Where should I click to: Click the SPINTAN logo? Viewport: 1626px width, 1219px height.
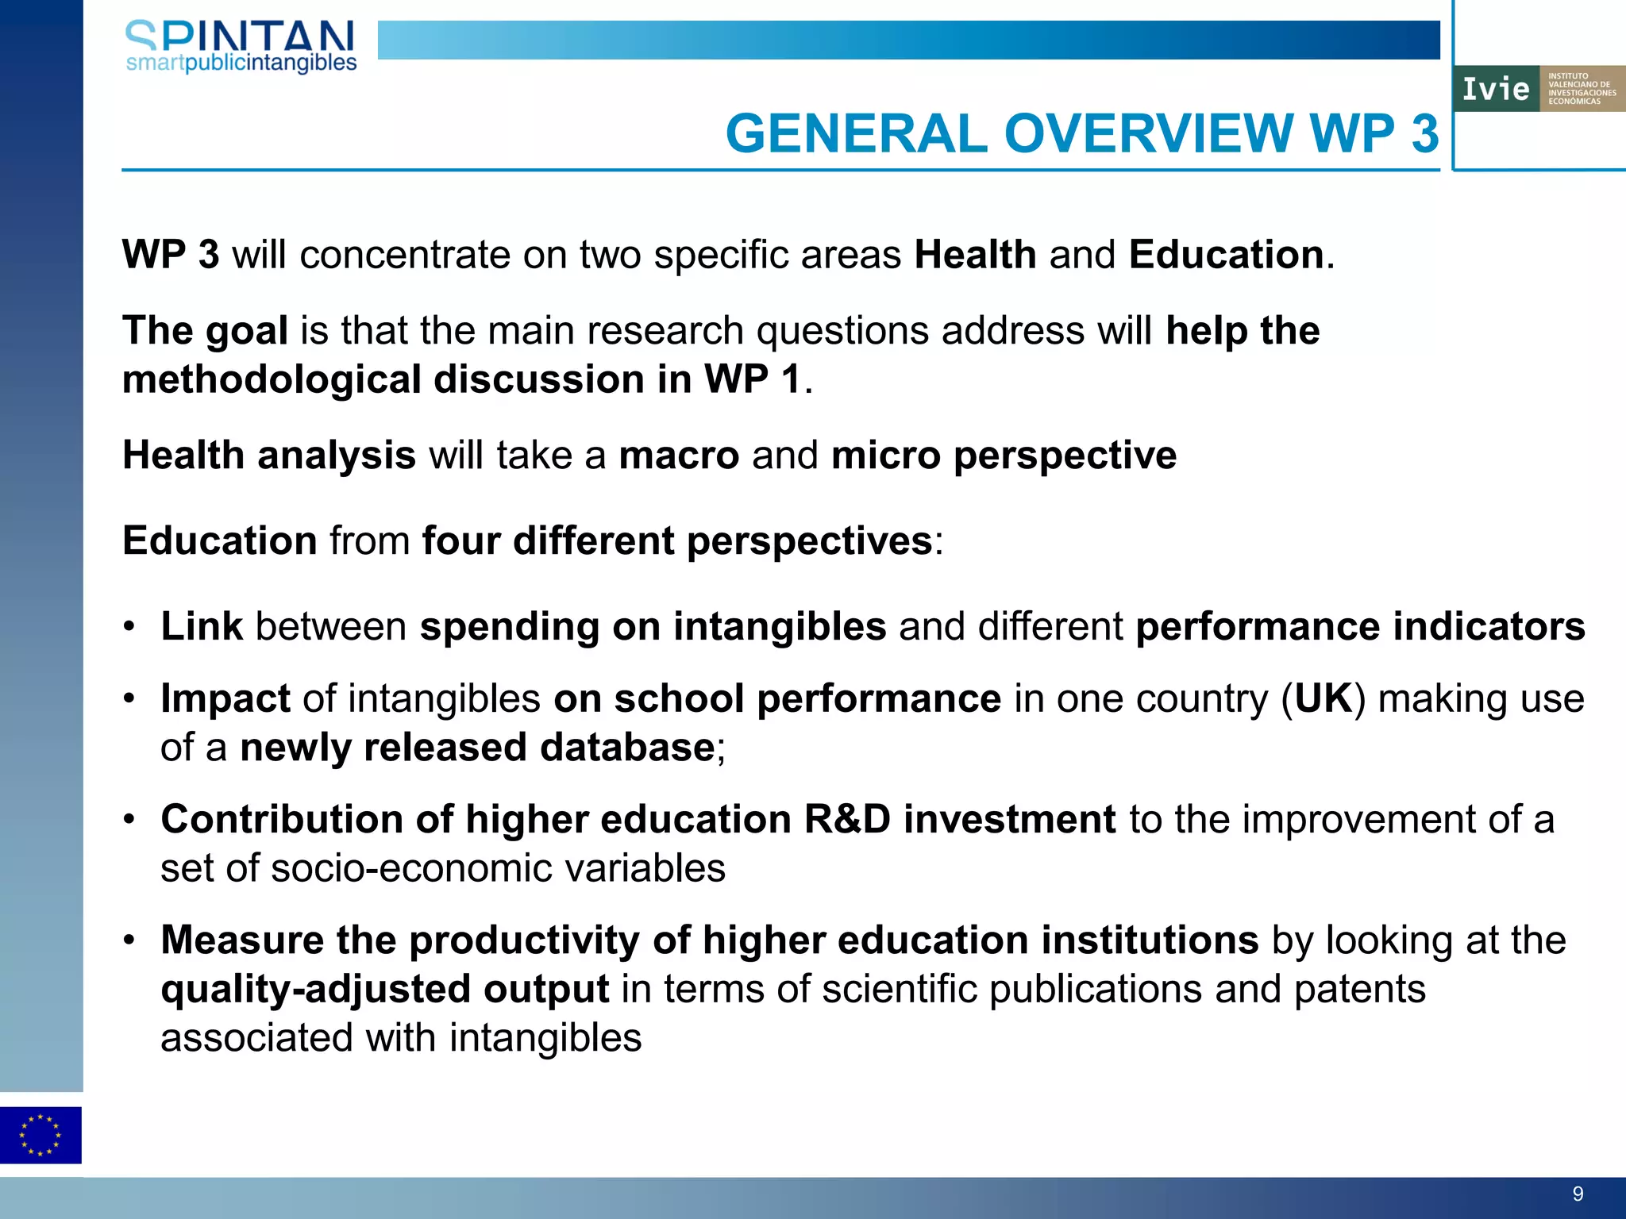pyautogui.click(x=241, y=46)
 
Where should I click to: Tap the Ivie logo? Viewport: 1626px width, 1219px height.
pyautogui.click(x=1539, y=88)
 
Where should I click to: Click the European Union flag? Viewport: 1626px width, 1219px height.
pyautogui.click(x=40, y=1135)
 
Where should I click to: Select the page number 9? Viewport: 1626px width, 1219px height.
pyautogui.click(x=1578, y=1194)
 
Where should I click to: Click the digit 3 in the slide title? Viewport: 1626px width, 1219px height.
pyautogui.click(x=1424, y=133)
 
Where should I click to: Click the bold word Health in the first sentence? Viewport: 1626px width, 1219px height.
pyautogui.click(x=975, y=255)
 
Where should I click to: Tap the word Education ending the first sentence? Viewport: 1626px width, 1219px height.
pyautogui.click(x=1226, y=255)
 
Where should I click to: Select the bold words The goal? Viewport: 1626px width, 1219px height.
pyautogui.click(x=205, y=330)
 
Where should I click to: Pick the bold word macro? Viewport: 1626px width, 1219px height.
pyautogui.click(x=679, y=456)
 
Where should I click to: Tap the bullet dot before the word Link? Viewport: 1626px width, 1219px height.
pyautogui.click(x=129, y=627)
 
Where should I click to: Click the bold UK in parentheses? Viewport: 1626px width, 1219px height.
pyautogui.click(x=1324, y=699)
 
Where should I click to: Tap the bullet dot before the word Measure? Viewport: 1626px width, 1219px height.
pyautogui.click(x=129, y=941)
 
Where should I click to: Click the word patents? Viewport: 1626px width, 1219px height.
pyautogui.click(x=1359, y=990)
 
